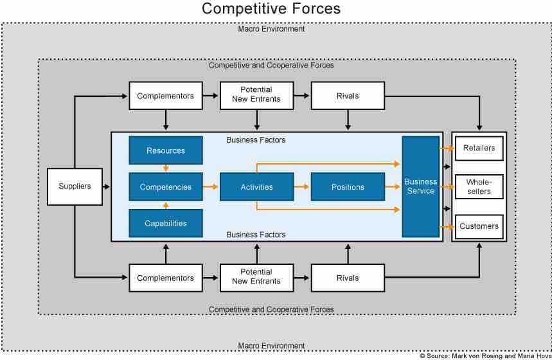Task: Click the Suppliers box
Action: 75,187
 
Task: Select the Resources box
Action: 166,150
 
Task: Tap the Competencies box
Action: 166,187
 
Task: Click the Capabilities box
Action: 166,224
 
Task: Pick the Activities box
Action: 257,187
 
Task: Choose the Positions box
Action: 348,187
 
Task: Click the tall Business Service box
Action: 420,187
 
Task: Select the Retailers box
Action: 479,148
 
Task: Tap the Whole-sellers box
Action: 479,187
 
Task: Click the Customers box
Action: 479,226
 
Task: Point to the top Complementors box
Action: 166,96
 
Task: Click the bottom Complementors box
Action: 166,278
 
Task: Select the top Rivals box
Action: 348,96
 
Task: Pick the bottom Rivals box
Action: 348,278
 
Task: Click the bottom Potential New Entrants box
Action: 257,277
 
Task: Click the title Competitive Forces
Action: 271,9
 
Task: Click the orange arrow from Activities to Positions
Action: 302,187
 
